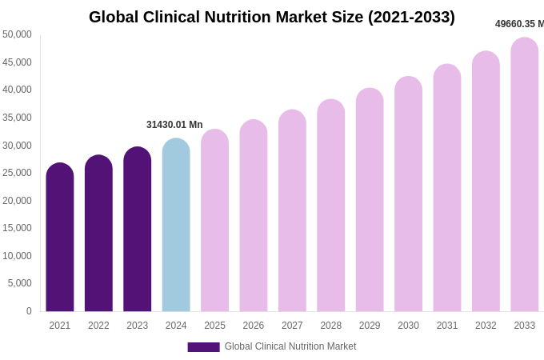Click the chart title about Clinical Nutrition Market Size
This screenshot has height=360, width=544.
point(271,17)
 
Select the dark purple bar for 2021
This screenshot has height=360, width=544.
point(60,238)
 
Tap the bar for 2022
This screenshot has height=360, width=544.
point(98,234)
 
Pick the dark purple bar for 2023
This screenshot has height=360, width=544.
point(137,230)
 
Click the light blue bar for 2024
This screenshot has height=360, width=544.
point(176,226)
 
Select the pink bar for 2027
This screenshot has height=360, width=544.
point(292,212)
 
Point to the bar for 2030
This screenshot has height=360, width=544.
point(408,195)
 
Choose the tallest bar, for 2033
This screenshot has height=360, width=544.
point(524,176)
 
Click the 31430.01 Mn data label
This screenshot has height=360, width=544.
point(174,125)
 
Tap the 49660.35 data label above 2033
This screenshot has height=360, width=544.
point(519,24)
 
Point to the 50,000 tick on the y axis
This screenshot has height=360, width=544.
point(18,34)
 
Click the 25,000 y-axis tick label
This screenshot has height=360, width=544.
point(18,173)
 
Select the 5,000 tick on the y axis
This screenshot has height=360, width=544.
point(20,283)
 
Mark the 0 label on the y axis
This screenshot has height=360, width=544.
point(29,311)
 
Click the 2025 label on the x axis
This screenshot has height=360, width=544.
point(214,326)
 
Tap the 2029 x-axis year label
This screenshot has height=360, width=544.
point(370,326)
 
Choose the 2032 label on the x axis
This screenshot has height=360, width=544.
point(486,326)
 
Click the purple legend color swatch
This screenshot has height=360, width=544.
point(203,347)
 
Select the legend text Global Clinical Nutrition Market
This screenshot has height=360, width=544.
point(290,346)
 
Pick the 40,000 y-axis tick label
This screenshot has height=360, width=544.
point(18,90)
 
